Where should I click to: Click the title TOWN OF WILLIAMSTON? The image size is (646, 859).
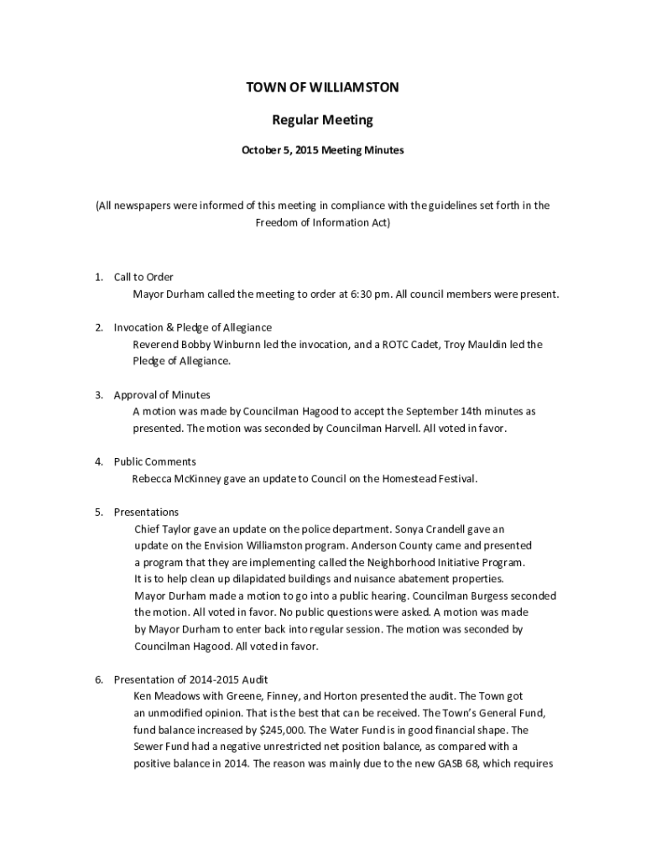tap(322, 87)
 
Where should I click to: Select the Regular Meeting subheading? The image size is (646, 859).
tap(322, 120)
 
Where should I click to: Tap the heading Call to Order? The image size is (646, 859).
tap(143, 277)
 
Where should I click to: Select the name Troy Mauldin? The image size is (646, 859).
tap(473, 345)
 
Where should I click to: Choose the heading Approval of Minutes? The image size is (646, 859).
tap(162, 394)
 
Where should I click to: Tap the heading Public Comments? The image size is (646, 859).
tap(155, 461)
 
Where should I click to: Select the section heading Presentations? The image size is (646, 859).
tap(146, 512)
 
